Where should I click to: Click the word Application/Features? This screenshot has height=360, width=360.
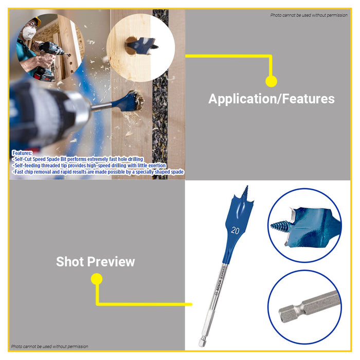[271, 99]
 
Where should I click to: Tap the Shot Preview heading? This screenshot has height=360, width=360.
[95, 262]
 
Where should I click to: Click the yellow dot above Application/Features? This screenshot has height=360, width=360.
[271, 81]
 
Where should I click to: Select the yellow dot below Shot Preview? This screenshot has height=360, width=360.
[96, 279]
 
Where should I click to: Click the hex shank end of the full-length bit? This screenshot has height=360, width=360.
[203, 339]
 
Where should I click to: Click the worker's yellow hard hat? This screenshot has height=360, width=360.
[35, 22]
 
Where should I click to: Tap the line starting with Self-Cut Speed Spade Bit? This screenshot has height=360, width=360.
[77, 159]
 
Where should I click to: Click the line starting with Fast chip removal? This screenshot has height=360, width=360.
[97, 172]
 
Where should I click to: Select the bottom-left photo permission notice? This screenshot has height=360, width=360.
[50, 347]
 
